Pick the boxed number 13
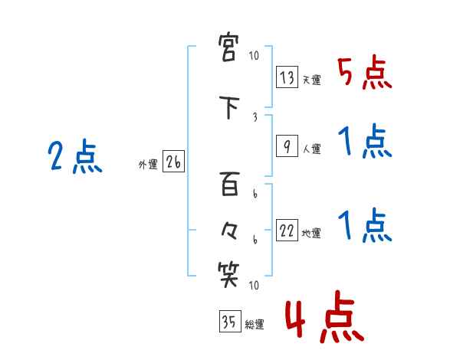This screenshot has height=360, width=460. (x=287, y=78)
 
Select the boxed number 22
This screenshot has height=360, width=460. (x=287, y=231)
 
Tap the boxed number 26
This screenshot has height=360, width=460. (x=174, y=162)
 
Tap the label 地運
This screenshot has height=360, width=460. (x=311, y=234)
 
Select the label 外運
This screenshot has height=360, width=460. (x=148, y=164)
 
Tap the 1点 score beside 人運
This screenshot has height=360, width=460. (x=364, y=143)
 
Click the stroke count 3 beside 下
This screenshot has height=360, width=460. (x=254, y=116)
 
